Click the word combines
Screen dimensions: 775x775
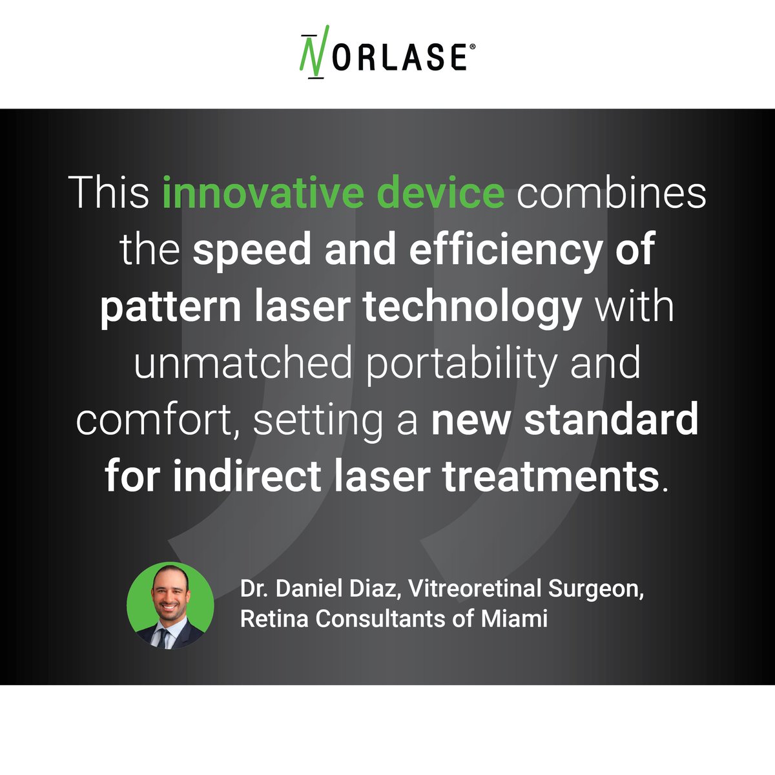point(611,192)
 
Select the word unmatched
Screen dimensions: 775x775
point(243,364)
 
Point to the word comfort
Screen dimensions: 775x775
point(158,420)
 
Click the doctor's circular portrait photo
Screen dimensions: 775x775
point(170,606)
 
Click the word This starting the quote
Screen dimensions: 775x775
point(109,192)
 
